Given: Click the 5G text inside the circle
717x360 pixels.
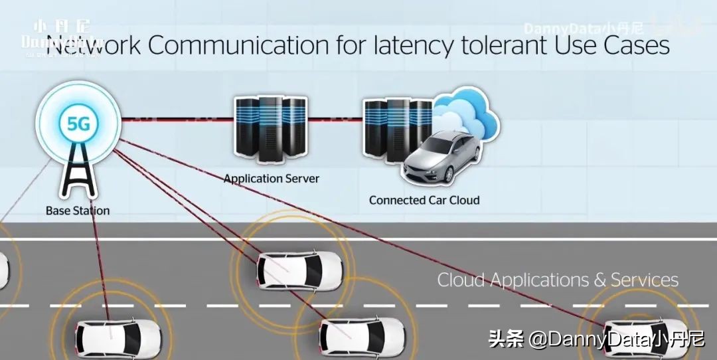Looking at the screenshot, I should (x=78, y=124).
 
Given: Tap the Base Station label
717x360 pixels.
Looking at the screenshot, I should (x=78, y=211).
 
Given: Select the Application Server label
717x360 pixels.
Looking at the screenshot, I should (x=271, y=179).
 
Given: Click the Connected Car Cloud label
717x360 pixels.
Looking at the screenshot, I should (x=424, y=200).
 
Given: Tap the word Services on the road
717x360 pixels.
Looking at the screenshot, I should (x=645, y=280).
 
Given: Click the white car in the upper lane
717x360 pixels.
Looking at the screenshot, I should (x=300, y=269).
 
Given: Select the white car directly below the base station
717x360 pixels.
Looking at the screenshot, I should (x=118, y=337).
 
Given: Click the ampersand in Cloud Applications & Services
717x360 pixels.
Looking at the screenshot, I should (x=600, y=280).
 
